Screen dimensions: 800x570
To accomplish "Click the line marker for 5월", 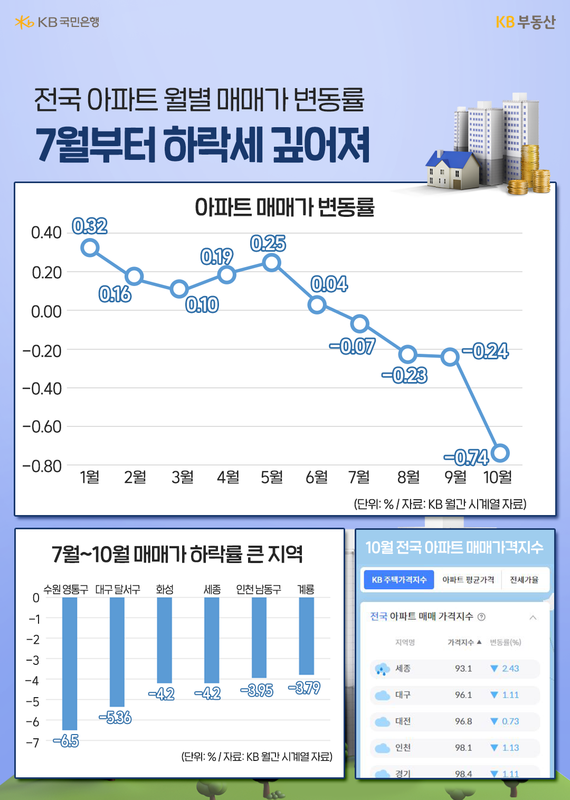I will [271, 262].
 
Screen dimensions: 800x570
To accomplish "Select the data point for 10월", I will [500, 453].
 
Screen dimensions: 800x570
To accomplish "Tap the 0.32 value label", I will [90, 226].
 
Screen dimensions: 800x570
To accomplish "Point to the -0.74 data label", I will [466, 458].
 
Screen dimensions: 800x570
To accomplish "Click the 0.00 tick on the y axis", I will [46, 312].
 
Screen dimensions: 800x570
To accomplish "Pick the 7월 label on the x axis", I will [359, 477].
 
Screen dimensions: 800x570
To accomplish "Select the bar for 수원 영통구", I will [70, 663].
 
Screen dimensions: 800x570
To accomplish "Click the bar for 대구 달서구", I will [117, 652].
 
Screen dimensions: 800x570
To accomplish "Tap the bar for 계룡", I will [306, 636].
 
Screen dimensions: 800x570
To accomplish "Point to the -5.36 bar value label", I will [115, 718].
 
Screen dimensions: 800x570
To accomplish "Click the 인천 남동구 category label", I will [259, 589].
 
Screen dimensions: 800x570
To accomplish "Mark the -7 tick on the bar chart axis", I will [33, 743].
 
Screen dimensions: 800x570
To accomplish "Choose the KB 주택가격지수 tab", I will [399, 579].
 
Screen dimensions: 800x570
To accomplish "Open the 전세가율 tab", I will [524, 579].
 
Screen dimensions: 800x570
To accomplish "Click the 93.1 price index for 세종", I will [463, 669].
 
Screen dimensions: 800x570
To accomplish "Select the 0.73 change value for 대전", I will [510, 721].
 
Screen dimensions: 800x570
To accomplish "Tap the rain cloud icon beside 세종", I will [382, 669].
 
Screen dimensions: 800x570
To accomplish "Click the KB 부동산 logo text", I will [525, 22].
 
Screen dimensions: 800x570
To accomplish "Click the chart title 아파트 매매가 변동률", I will [284, 207].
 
